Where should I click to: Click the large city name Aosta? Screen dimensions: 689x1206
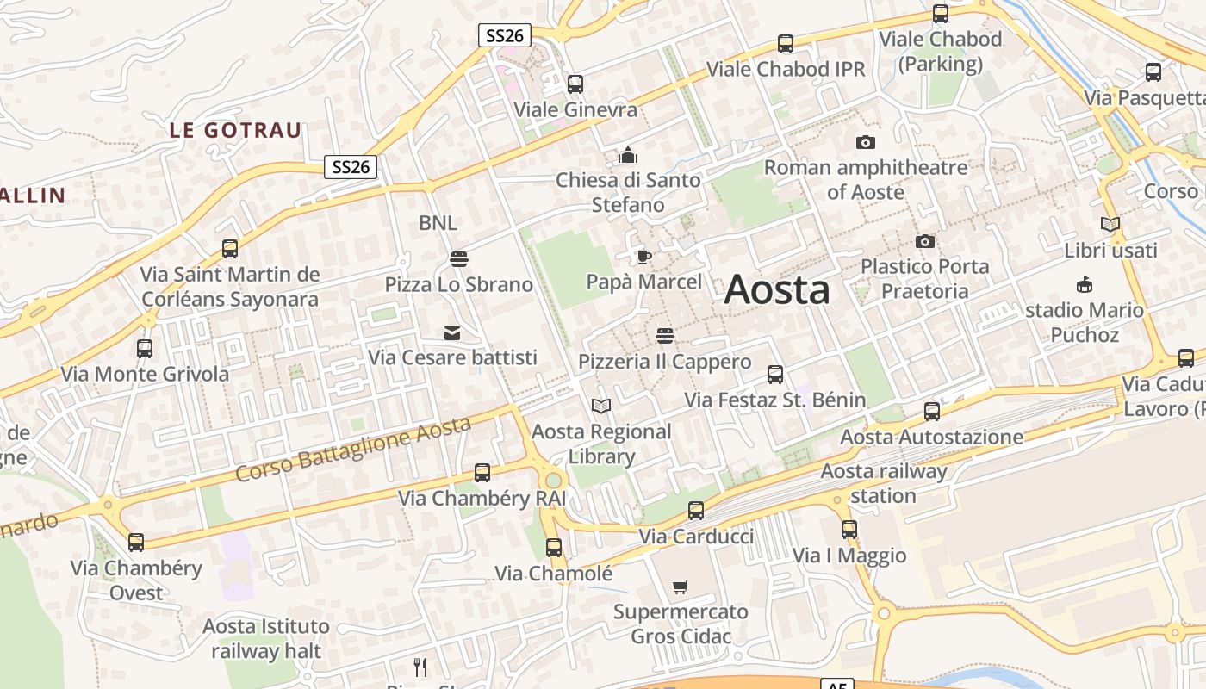point(777,289)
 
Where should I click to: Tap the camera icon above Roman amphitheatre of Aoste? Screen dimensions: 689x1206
point(866,142)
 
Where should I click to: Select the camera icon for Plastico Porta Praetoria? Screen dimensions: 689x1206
point(925,241)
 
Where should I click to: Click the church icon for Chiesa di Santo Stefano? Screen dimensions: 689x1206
point(628,155)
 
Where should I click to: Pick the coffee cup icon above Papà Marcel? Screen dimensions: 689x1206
point(643,257)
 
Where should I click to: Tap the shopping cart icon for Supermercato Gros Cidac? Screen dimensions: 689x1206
point(681,587)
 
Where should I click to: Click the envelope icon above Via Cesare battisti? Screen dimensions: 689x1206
point(452,332)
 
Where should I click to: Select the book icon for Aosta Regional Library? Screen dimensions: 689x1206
point(601,406)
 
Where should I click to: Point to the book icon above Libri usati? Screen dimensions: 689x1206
point(1110,225)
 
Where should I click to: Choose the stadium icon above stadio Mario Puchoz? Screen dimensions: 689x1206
point(1085,285)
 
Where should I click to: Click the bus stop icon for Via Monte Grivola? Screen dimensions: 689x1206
point(145,349)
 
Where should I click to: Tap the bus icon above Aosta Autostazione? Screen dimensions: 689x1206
point(932,412)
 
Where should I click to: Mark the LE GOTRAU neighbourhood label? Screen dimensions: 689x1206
point(235,131)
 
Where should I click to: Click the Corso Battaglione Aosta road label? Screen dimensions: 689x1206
point(353,449)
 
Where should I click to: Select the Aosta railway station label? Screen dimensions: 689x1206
point(884,483)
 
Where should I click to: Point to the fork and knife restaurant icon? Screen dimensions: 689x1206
point(420,667)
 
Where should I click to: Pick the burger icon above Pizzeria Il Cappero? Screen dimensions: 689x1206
point(664,335)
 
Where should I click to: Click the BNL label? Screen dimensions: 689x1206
point(438,223)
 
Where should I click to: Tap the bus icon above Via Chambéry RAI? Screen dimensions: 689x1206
point(482,473)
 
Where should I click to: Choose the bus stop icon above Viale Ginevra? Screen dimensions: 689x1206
point(575,84)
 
